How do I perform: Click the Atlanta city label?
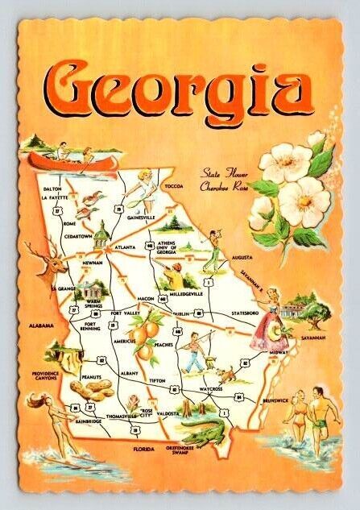point(123,247)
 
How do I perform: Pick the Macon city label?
point(144,297)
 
